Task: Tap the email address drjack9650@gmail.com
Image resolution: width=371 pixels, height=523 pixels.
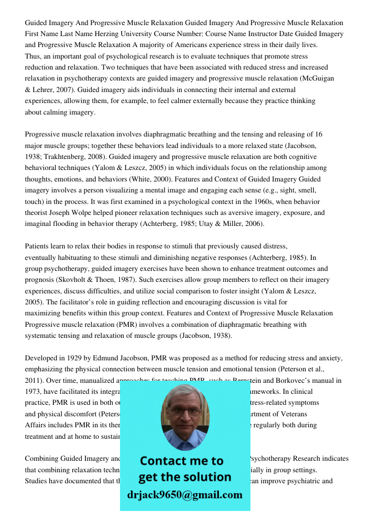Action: (x=184, y=495)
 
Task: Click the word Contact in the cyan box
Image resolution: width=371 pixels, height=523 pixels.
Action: (x=167, y=461)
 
